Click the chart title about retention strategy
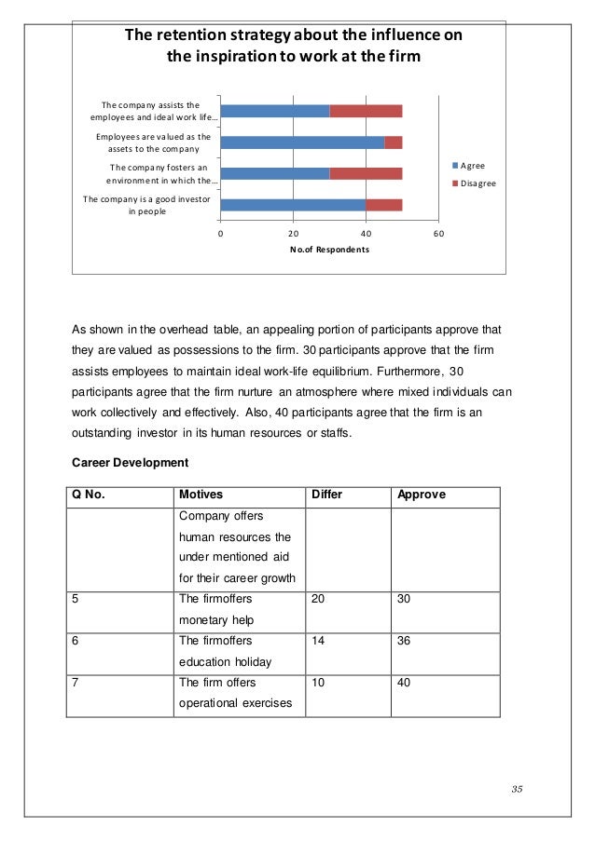pos(294,46)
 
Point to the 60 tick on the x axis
pos(438,233)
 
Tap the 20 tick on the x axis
pos(293,233)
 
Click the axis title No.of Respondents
pos(329,251)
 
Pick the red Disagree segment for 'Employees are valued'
pos(394,142)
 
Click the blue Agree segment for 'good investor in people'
pos(293,205)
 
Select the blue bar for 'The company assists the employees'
pos(275,111)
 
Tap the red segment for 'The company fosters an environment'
pos(366,173)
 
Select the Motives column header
pos(201,495)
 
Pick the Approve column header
pos(422,495)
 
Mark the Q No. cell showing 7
pos(76,683)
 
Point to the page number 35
pos(517,791)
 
